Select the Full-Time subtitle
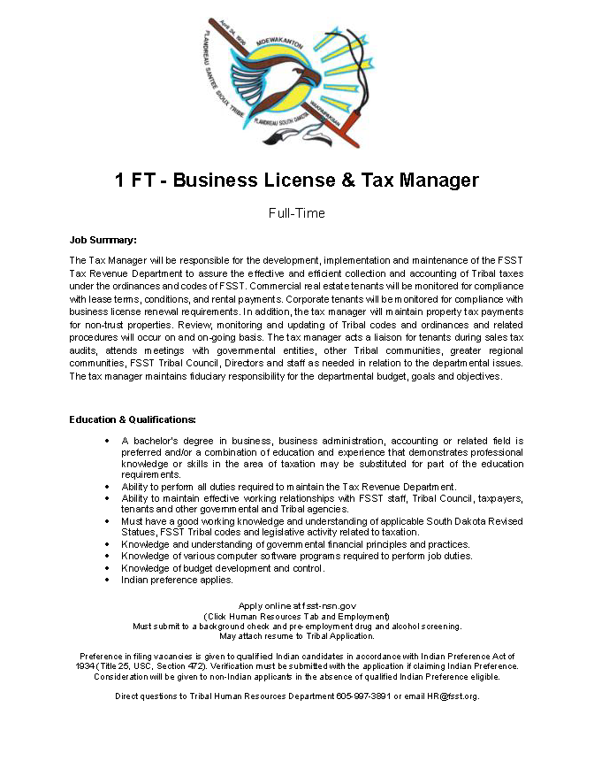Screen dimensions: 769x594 [297, 213]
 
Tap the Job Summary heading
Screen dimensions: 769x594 [103, 240]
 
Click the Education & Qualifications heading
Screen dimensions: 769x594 [133, 419]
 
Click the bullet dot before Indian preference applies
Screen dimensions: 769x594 [107, 580]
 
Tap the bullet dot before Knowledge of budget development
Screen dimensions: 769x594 [107, 568]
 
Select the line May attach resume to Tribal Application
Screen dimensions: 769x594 [297, 635]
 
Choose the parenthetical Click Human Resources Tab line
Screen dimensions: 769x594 [297, 616]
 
